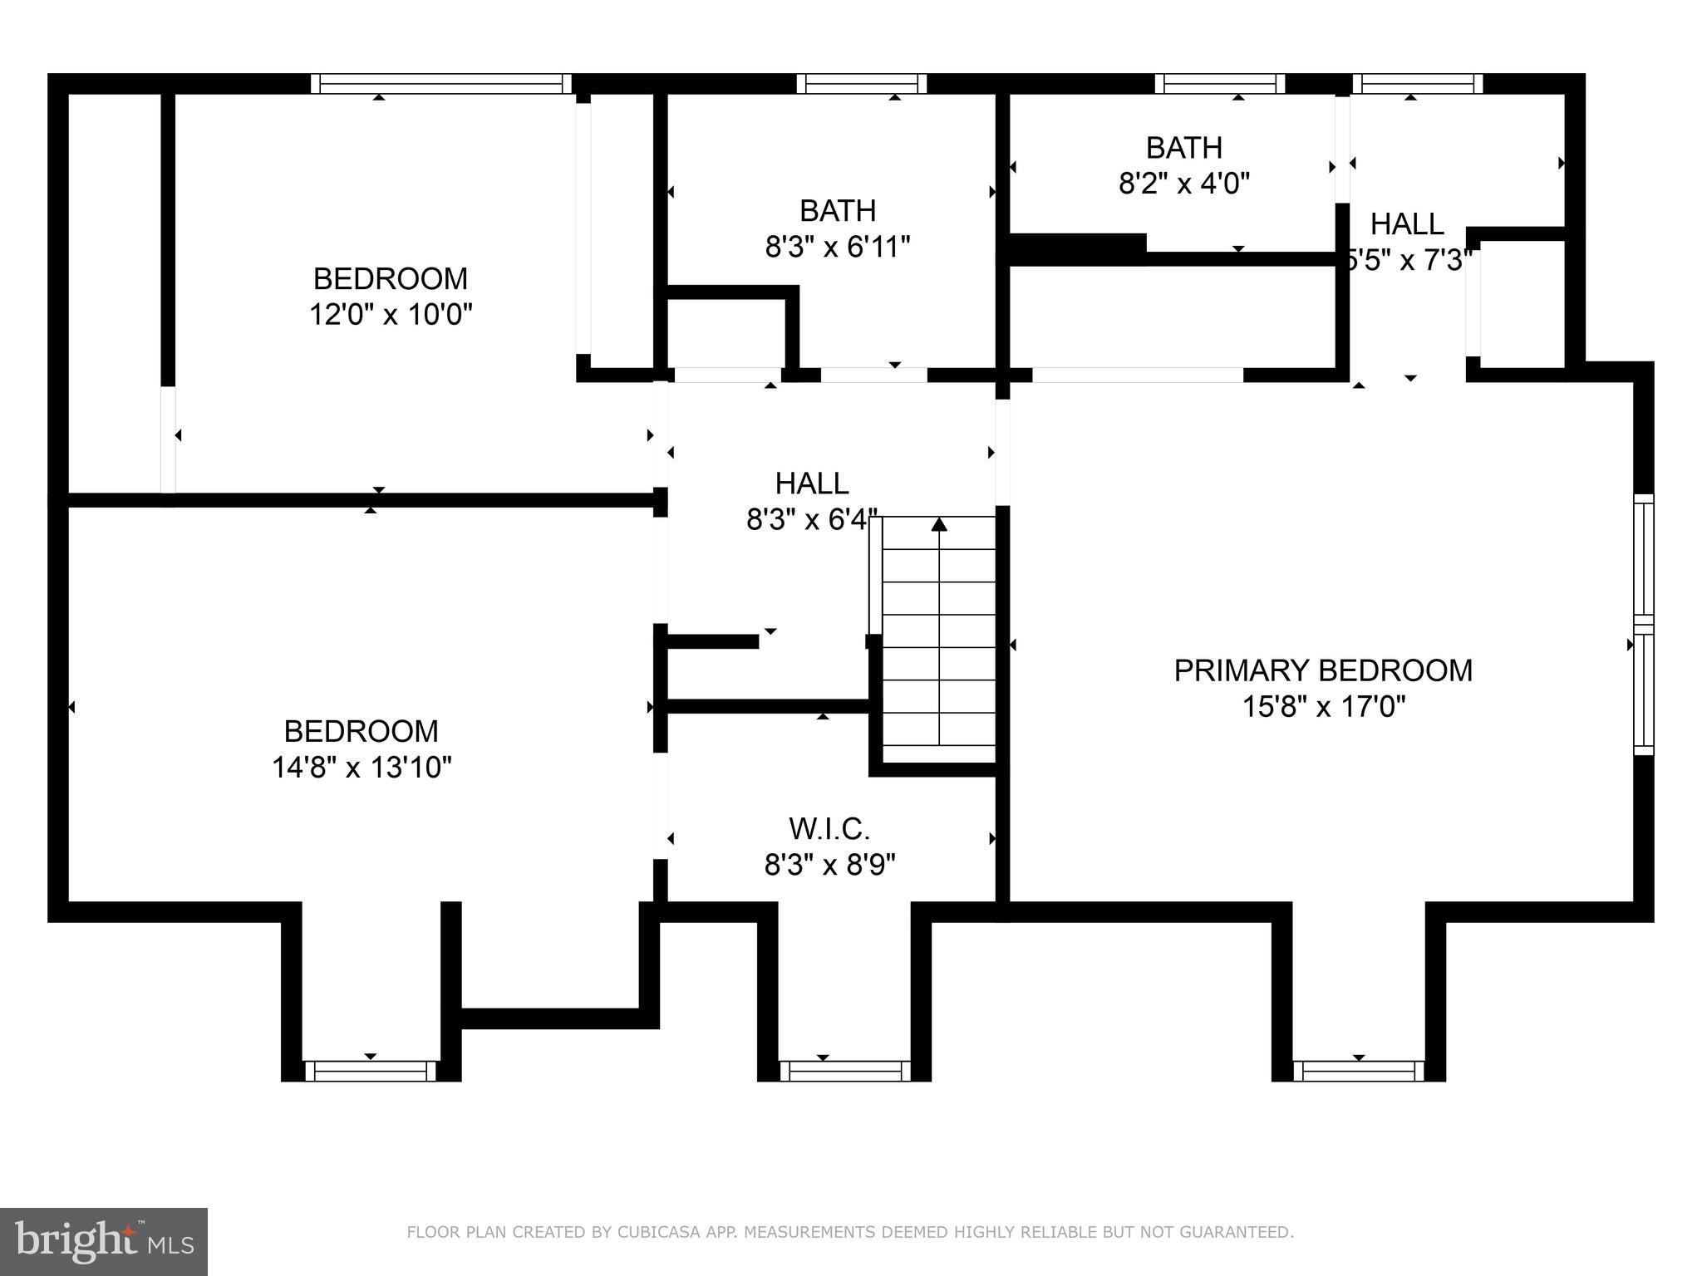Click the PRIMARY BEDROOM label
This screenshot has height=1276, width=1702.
pyautogui.click(x=1322, y=670)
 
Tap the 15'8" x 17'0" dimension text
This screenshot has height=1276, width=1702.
pyautogui.click(x=1323, y=707)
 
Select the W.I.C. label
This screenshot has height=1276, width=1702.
pyautogui.click(x=829, y=829)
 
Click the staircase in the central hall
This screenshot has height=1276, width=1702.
pyautogui.click(x=938, y=640)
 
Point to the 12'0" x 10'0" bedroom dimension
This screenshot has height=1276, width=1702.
pyautogui.click(x=391, y=315)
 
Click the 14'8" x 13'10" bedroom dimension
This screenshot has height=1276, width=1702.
pyautogui.click(x=362, y=768)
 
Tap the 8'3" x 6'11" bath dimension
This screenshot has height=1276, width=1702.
pyautogui.click(x=838, y=248)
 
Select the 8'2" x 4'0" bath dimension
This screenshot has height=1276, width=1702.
pyautogui.click(x=1183, y=184)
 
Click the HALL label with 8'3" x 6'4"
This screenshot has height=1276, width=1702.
pyautogui.click(x=811, y=483)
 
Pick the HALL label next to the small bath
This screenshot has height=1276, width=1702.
pyautogui.click(x=1406, y=224)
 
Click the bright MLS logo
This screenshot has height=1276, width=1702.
pyautogui.click(x=104, y=1241)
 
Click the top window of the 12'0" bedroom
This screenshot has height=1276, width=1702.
pyautogui.click(x=441, y=83)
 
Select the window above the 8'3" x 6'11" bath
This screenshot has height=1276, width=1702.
pyautogui.click(x=861, y=83)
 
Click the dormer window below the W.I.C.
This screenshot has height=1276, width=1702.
pyautogui.click(x=844, y=1071)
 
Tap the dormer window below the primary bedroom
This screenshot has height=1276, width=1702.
pyautogui.click(x=1358, y=1071)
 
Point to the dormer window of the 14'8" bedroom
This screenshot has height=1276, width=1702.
pyautogui.click(x=370, y=1071)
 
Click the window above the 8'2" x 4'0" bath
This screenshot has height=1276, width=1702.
pyautogui.click(x=1219, y=83)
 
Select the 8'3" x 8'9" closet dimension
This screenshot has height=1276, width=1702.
pyautogui.click(x=829, y=866)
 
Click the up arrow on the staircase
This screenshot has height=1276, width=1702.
pyautogui.click(x=939, y=524)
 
